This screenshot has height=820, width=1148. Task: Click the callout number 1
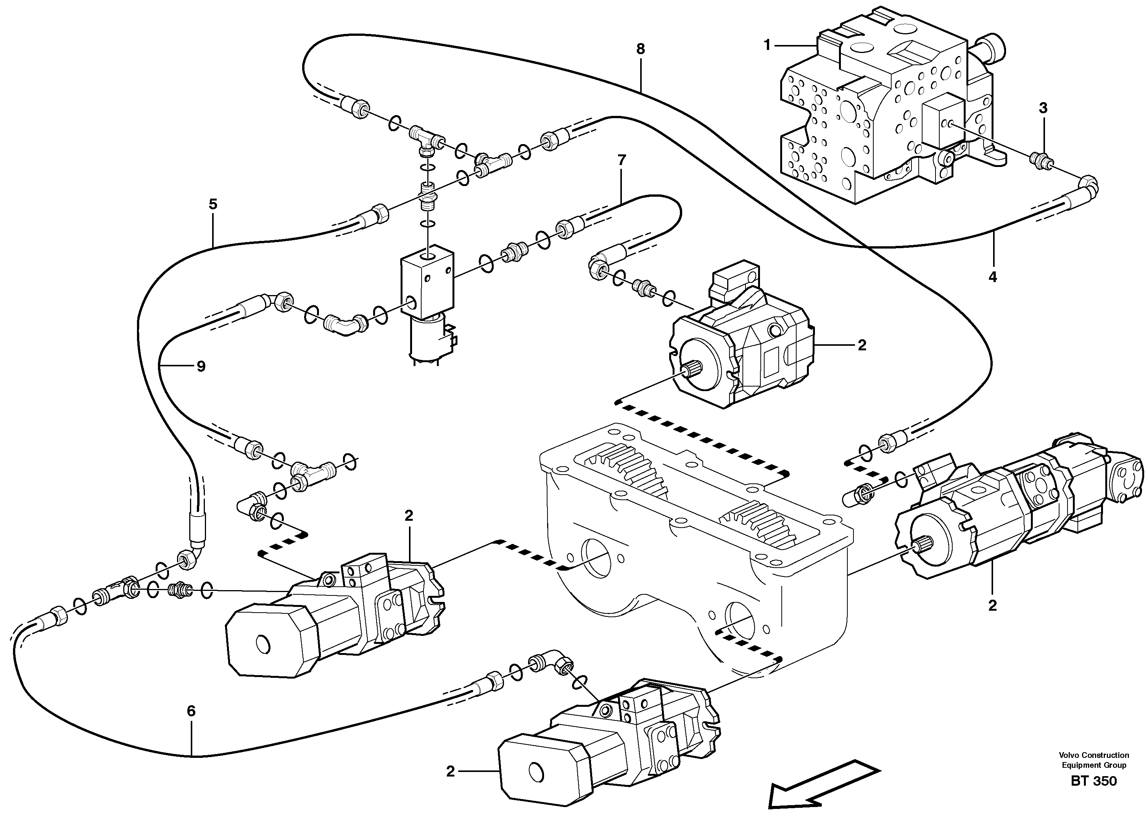click(767, 45)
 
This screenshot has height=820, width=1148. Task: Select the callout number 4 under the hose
click(992, 277)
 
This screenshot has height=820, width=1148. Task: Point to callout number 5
click(213, 204)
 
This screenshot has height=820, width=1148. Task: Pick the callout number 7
click(621, 160)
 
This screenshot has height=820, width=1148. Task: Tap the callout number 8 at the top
click(640, 49)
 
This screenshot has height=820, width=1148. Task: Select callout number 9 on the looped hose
click(201, 366)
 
